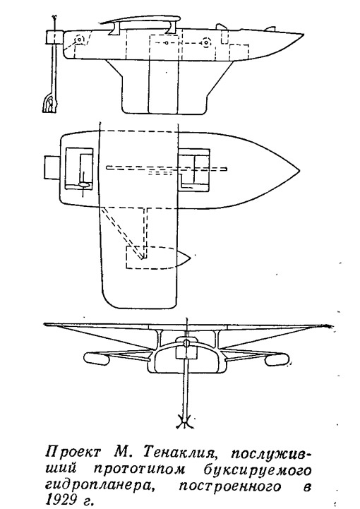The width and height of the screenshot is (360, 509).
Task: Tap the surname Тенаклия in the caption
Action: (x=179, y=452)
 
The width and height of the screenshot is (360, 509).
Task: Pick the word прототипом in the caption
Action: (x=134, y=468)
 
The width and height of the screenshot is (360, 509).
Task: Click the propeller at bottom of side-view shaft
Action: (x=49, y=104)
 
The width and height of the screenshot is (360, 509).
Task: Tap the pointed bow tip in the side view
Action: (x=304, y=34)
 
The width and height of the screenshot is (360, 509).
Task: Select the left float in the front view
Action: (x=97, y=358)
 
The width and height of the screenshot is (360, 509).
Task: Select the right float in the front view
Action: (x=276, y=359)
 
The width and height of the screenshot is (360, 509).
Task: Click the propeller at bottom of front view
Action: (x=185, y=421)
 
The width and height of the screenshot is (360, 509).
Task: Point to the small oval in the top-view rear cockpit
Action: (x=84, y=184)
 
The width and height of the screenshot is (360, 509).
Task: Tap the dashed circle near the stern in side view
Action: (x=79, y=40)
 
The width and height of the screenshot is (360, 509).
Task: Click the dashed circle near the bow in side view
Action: (x=205, y=42)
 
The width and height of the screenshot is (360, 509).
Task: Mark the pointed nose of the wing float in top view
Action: (x=190, y=257)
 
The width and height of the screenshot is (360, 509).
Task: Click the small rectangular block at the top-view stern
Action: (x=52, y=167)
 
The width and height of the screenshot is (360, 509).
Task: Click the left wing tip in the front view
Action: (x=44, y=324)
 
